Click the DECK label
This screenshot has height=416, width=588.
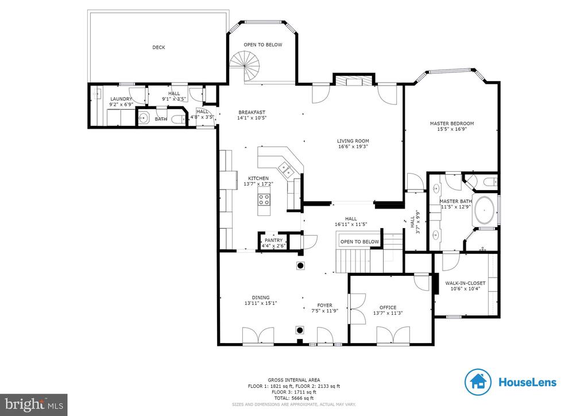(158, 47)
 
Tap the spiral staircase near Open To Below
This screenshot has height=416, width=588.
(245, 67)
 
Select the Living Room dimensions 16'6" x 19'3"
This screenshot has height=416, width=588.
(353, 147)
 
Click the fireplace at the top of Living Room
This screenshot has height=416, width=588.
(354, 82)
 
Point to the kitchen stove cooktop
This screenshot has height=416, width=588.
(264, 199)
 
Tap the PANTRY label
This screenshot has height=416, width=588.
(274, 240)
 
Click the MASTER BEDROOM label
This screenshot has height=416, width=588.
(452, 124)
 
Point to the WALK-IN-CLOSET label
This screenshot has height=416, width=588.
(465, 283)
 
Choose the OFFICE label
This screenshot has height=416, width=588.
(388, 307)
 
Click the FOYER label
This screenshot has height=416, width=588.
(325, 305)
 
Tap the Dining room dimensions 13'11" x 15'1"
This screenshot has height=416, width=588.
(261, 303)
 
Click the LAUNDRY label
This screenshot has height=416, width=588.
(121, 99)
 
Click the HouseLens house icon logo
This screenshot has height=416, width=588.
(478, 382)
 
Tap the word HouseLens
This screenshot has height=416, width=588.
(527, 382)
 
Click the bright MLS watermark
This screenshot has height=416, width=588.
(34, 405)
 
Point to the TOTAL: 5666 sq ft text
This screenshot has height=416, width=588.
(294, 398)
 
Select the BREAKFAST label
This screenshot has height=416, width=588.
(252, 112)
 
